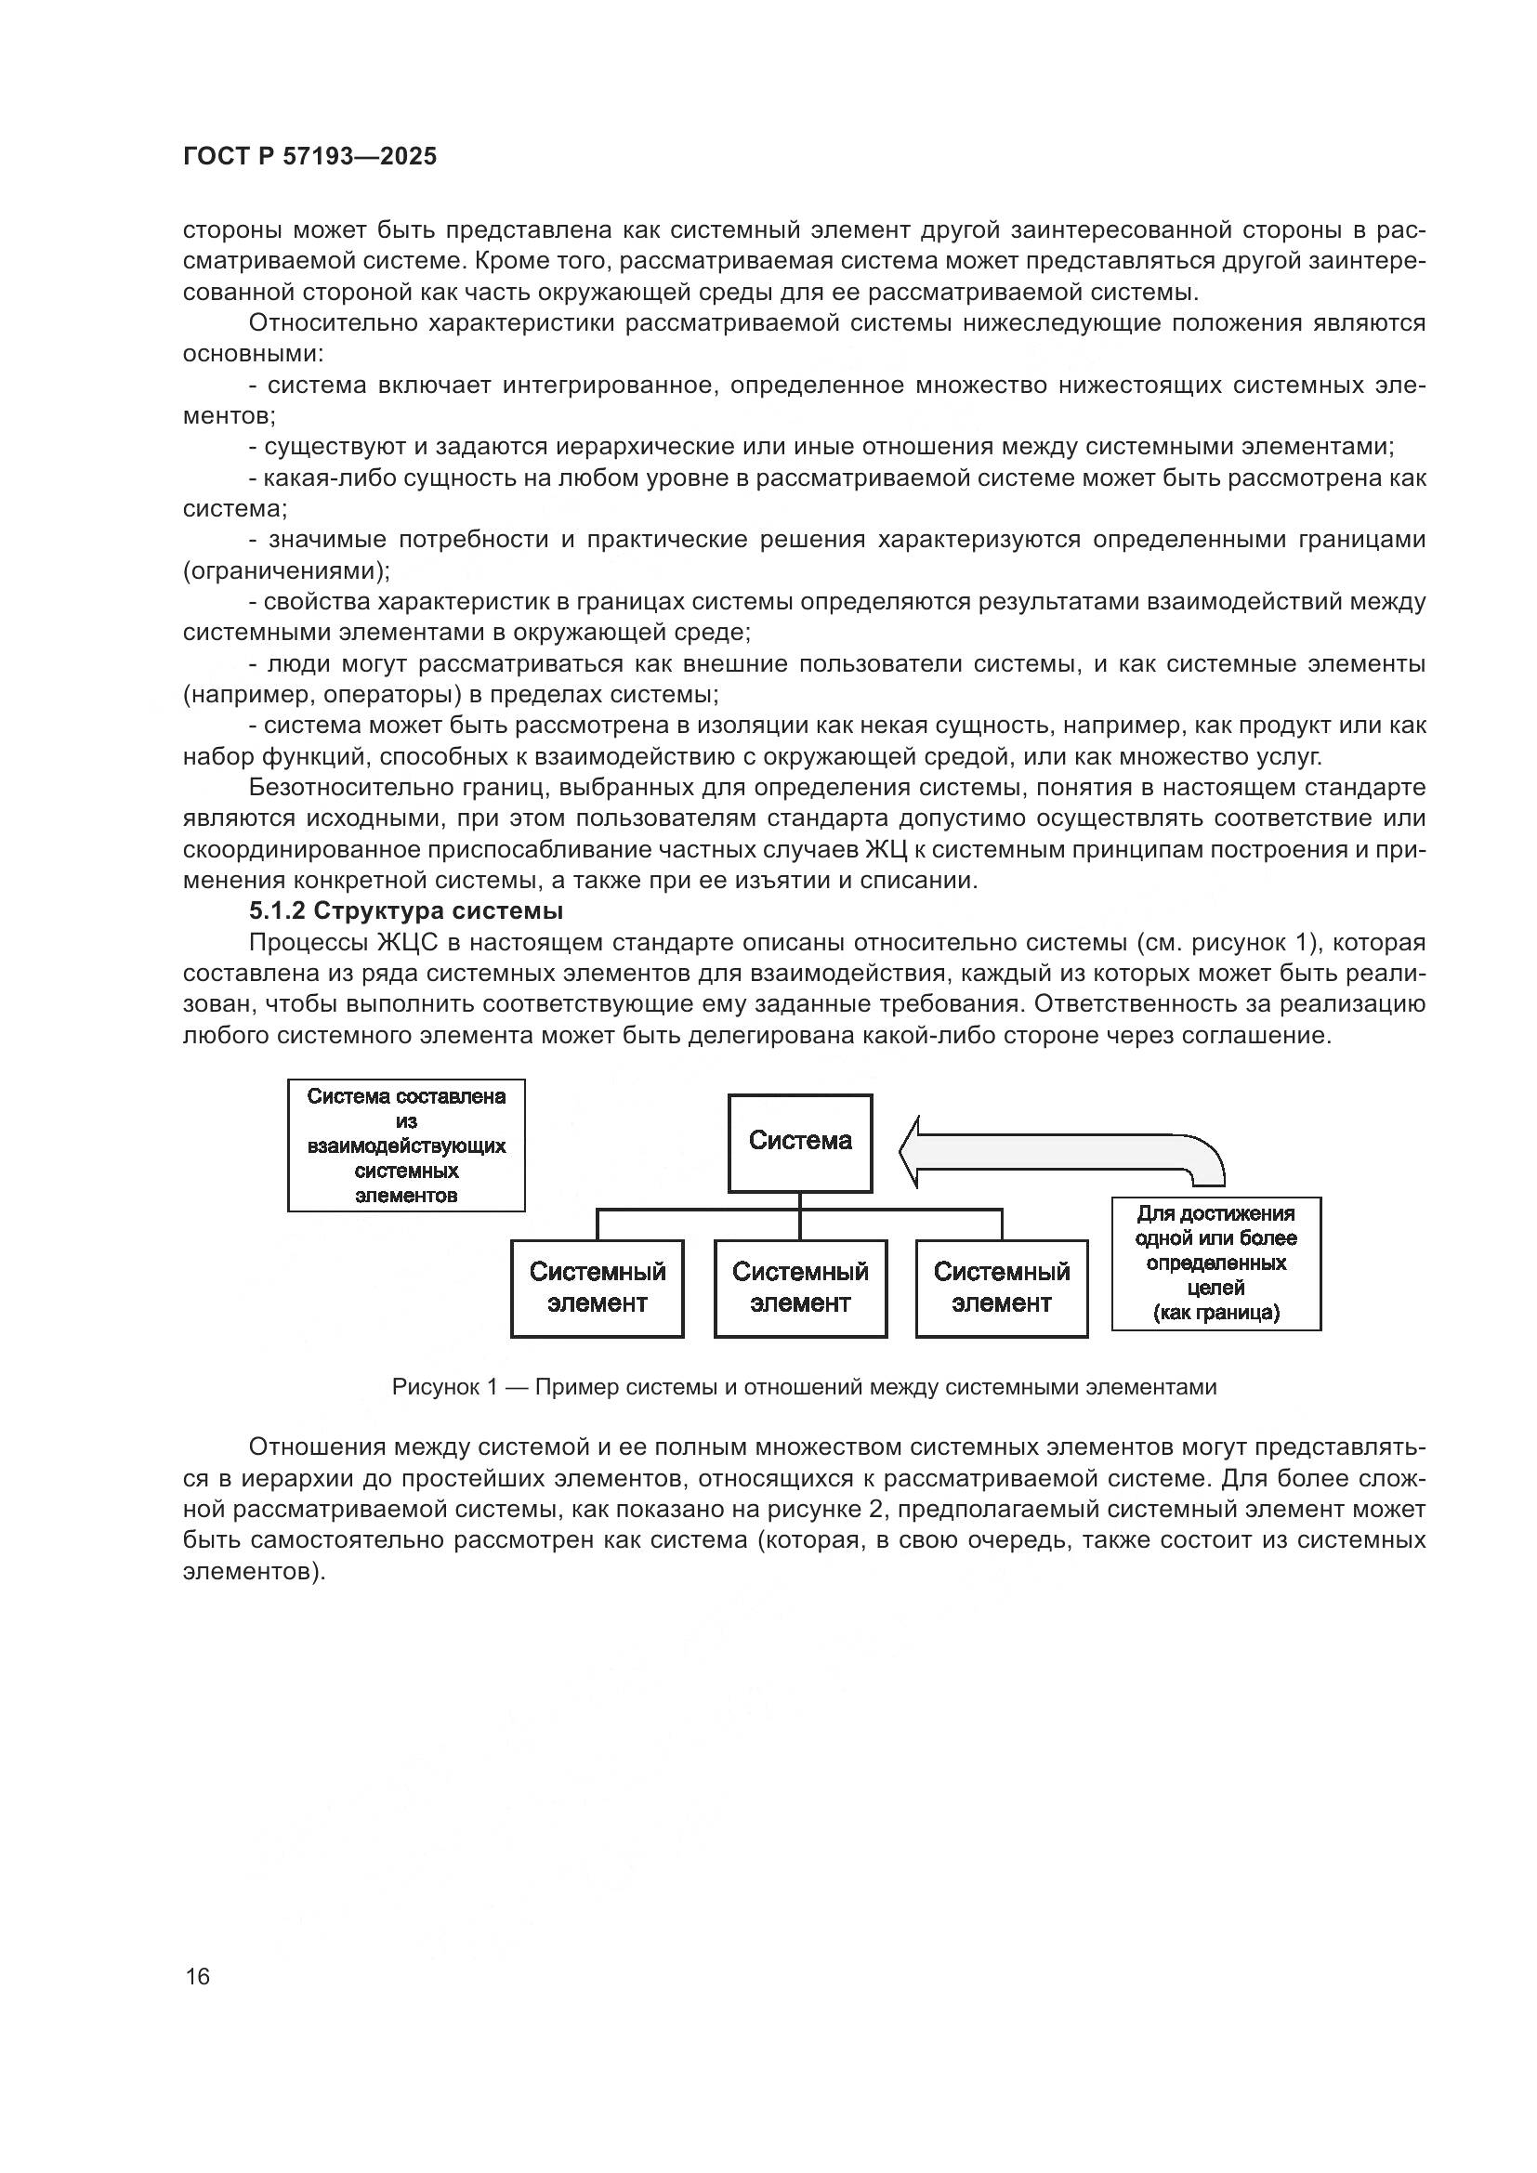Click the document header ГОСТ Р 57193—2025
click(x=309, y=157)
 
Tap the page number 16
click(x=198, y=1976)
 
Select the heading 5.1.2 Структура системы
click(x=406, y=911)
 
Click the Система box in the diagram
click(x=800, y=1143)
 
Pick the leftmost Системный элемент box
click(x=598, y=1287)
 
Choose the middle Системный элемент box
click(x=800, y=1287)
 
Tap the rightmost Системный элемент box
click(x=1002, y=1287)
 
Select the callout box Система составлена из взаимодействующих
click(x=406, y=1145)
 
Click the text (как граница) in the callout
click(x=1215, y=1313)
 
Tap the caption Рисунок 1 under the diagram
click(x=804, y=1387)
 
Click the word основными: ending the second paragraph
click(x=253, y=354)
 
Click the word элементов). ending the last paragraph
click(x=254, y=1571)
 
